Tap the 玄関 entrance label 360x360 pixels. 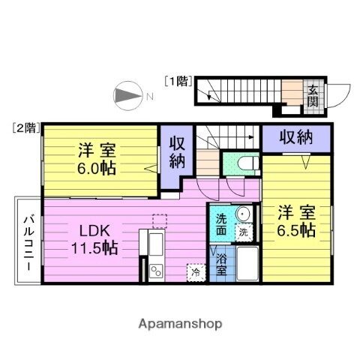coord(312,97)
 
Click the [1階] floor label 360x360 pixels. coord(178,80)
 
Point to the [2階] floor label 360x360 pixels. coord(25,127)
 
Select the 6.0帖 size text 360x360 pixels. coord(98,167)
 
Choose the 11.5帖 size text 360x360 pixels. coord(94,247)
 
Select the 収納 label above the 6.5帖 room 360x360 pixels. coord(295,136)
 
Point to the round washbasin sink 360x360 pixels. coord(244,215)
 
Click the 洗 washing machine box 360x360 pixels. coord(244,232)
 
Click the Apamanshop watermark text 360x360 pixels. coord(180,323)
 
